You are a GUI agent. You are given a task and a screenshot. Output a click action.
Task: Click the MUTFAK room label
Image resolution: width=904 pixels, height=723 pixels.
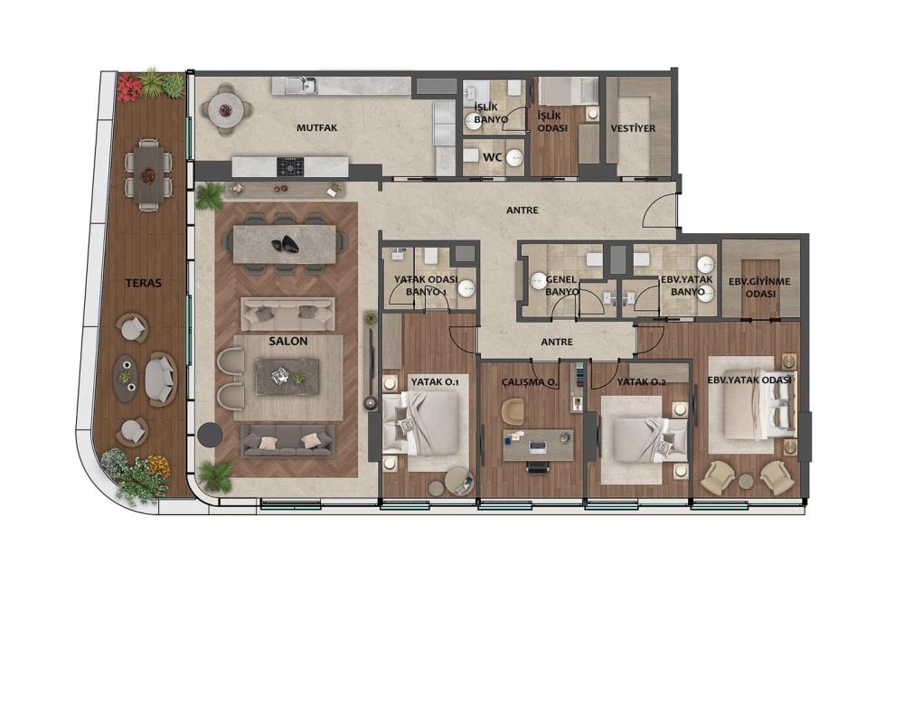[x=316, y=128]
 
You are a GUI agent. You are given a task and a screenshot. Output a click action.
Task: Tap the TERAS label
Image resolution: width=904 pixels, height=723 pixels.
[x=144, y=283]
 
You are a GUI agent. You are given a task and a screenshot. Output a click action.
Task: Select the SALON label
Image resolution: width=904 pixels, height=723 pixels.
[x=288, y=342]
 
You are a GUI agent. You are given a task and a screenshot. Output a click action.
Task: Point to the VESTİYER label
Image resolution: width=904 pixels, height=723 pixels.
[x=633, y=128]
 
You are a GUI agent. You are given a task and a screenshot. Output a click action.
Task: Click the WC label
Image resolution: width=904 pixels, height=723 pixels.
[x=492, y=157]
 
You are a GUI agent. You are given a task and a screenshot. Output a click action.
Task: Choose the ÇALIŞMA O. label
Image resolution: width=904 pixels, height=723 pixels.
[x=529, y=381]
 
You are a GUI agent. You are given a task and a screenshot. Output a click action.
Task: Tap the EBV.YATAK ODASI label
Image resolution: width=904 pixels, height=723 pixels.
[x=749, y=380]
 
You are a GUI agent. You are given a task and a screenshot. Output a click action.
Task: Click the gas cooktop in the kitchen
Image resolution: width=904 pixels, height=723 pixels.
[x=290, y=166]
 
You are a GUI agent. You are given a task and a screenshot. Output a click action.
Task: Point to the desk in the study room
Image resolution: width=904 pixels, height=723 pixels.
[x=538, y=446]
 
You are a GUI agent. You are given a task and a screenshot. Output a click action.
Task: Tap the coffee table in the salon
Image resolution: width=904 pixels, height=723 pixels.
[x=287, y=377]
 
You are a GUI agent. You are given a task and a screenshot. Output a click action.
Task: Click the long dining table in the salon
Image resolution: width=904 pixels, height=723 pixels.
[x=284, y=244]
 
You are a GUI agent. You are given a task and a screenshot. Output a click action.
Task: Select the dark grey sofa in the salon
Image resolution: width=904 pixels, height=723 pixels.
[x=288, y=441]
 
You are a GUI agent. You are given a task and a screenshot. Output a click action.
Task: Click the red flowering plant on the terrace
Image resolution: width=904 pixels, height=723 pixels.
[x=129, y=88]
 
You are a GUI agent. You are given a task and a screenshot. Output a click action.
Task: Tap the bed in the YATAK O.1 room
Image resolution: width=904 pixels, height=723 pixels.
[x=421, y=424]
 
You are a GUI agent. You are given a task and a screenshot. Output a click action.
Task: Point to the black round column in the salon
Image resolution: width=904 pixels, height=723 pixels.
[x=210, y=434]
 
